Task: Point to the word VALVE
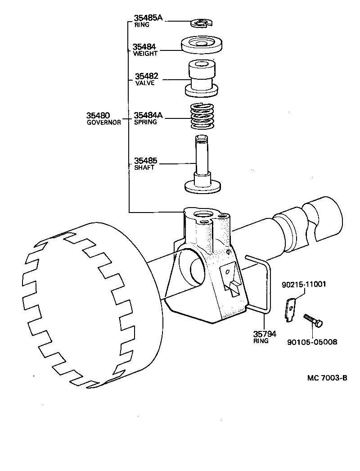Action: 145,83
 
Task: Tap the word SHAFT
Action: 144,168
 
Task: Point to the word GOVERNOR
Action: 103,122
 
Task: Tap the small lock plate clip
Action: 291,310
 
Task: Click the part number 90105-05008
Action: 312,342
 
